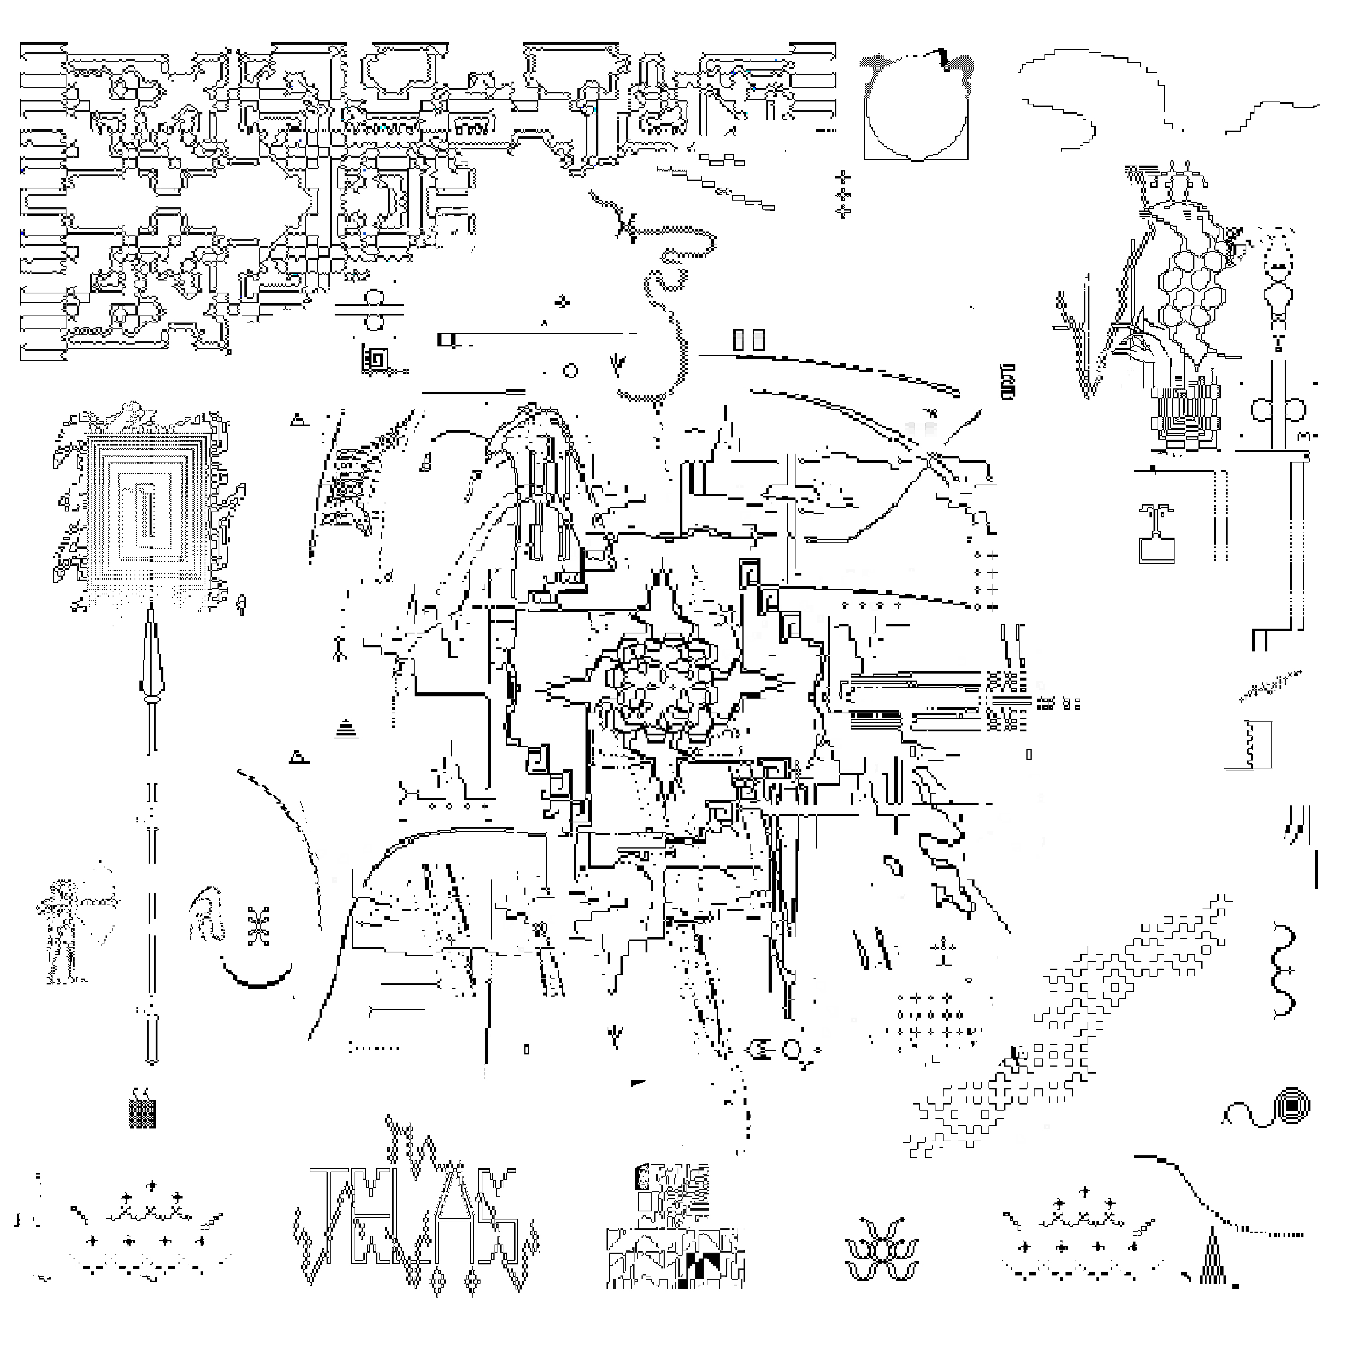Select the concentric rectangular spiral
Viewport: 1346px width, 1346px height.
click(146, 512)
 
